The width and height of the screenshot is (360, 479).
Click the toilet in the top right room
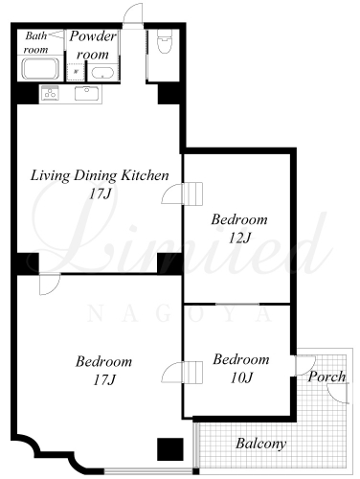[x=165, y=41]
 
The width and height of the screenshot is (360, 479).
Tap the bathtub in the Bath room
[x=40, y=69]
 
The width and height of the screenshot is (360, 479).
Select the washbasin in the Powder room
[x=102, y=73]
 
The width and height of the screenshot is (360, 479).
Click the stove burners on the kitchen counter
[x=50, y=93]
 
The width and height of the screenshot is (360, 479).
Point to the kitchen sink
[x=87, y=93]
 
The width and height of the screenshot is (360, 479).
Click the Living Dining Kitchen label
[x=100, y=175]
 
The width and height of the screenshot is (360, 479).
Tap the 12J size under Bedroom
[x=239, y=238]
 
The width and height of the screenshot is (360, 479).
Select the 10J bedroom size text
[x=241, y=377]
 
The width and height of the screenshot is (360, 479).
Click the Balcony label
[x=261, y=444]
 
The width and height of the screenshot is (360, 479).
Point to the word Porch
[x=326, y=376]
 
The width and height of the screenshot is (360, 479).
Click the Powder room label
[x=93, y=45]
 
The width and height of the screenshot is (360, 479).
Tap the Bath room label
[x=36, y=42]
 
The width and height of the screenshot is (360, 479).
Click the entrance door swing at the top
[x=133, y=15]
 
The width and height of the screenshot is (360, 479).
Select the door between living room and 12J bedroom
[x=182, y=194]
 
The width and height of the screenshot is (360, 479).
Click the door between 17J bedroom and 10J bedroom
[x=182, y=372]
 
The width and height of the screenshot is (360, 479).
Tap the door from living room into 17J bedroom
[x=50, y=284]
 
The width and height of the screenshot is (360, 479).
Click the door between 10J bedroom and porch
[x=304, y=365]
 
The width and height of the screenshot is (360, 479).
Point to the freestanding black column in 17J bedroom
[x=170, y=449]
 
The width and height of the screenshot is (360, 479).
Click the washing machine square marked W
[x=76, y=71]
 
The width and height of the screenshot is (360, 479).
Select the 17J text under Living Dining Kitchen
[x=100, y=194]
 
